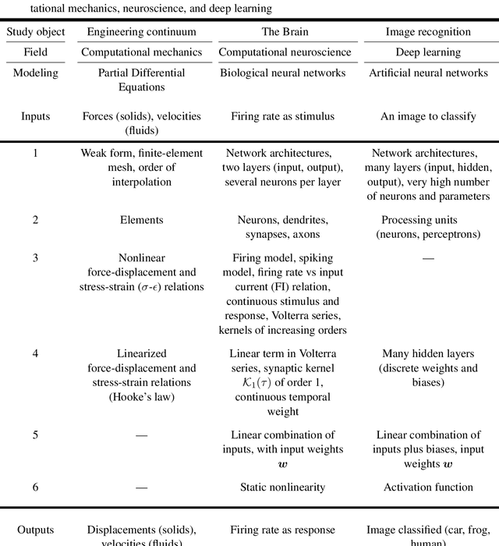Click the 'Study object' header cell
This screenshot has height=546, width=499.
(35, 32)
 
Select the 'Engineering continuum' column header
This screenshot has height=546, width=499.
(143, 32)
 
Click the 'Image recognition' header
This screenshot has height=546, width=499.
(428, 32)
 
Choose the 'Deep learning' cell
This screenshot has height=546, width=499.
(428, 52)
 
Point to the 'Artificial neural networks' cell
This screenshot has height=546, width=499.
(428, 73)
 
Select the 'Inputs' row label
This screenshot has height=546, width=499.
(35, 116)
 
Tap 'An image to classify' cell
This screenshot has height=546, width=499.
(428, 116)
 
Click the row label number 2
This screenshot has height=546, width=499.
(35, 220)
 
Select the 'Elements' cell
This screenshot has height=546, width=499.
(143, 220)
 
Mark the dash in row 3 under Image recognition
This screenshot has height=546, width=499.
(428, 257)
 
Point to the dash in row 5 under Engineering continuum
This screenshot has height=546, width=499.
(143, 435)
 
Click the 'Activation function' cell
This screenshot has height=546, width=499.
(428, 487)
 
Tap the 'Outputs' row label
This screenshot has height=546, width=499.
(35, 530)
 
